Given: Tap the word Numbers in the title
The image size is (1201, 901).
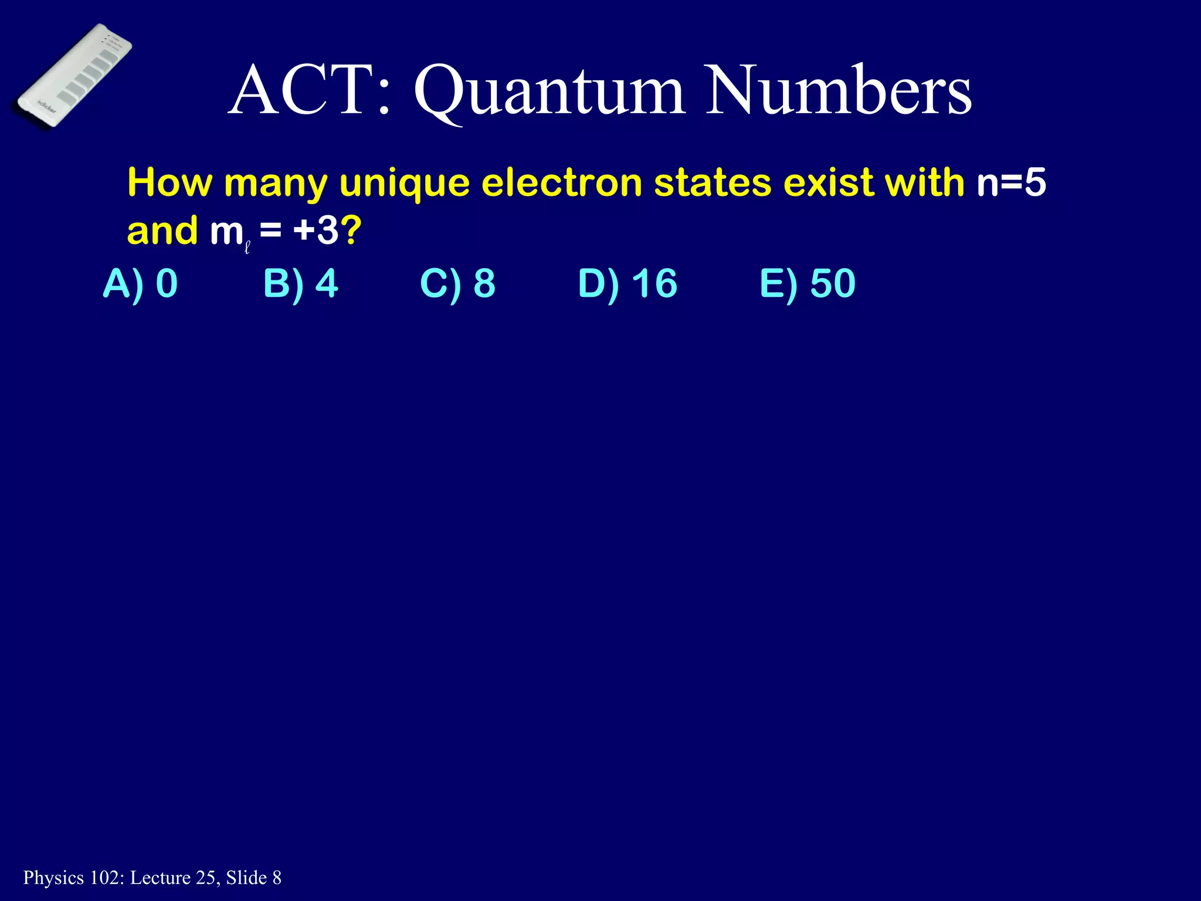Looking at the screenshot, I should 839,91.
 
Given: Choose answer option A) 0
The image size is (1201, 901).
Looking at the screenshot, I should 140,283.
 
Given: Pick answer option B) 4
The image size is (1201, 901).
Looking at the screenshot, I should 300,283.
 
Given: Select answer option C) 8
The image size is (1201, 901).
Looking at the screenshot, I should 457,283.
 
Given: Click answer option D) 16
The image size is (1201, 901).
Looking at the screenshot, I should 627,283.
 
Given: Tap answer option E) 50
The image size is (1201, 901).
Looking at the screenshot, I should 808,283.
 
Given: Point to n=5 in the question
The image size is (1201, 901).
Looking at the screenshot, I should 1011,182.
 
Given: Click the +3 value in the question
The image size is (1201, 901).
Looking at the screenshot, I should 316,231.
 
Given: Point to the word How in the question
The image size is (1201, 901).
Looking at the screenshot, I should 169,182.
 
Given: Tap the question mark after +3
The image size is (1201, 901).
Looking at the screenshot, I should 351,231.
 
